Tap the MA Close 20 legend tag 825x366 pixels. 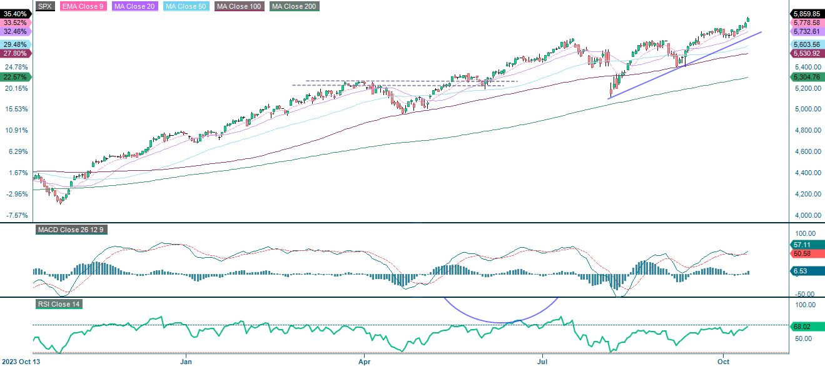pos(133,6)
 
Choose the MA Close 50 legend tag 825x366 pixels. pos(186,6)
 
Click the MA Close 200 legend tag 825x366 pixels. pos(293,6)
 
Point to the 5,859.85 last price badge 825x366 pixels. pos(807,13)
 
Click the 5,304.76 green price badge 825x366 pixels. pos(807,77)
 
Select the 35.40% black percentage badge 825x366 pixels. pos(15,13)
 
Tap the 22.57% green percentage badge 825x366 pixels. pos(15,77)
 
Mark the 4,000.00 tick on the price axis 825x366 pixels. pos(807,215)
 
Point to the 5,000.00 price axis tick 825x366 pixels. pos(807,109)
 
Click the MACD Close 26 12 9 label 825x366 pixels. pos(71,230)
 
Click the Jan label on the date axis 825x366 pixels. pos(186,361)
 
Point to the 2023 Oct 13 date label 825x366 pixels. pos(21,361)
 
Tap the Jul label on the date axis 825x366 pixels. pos(543,361)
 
